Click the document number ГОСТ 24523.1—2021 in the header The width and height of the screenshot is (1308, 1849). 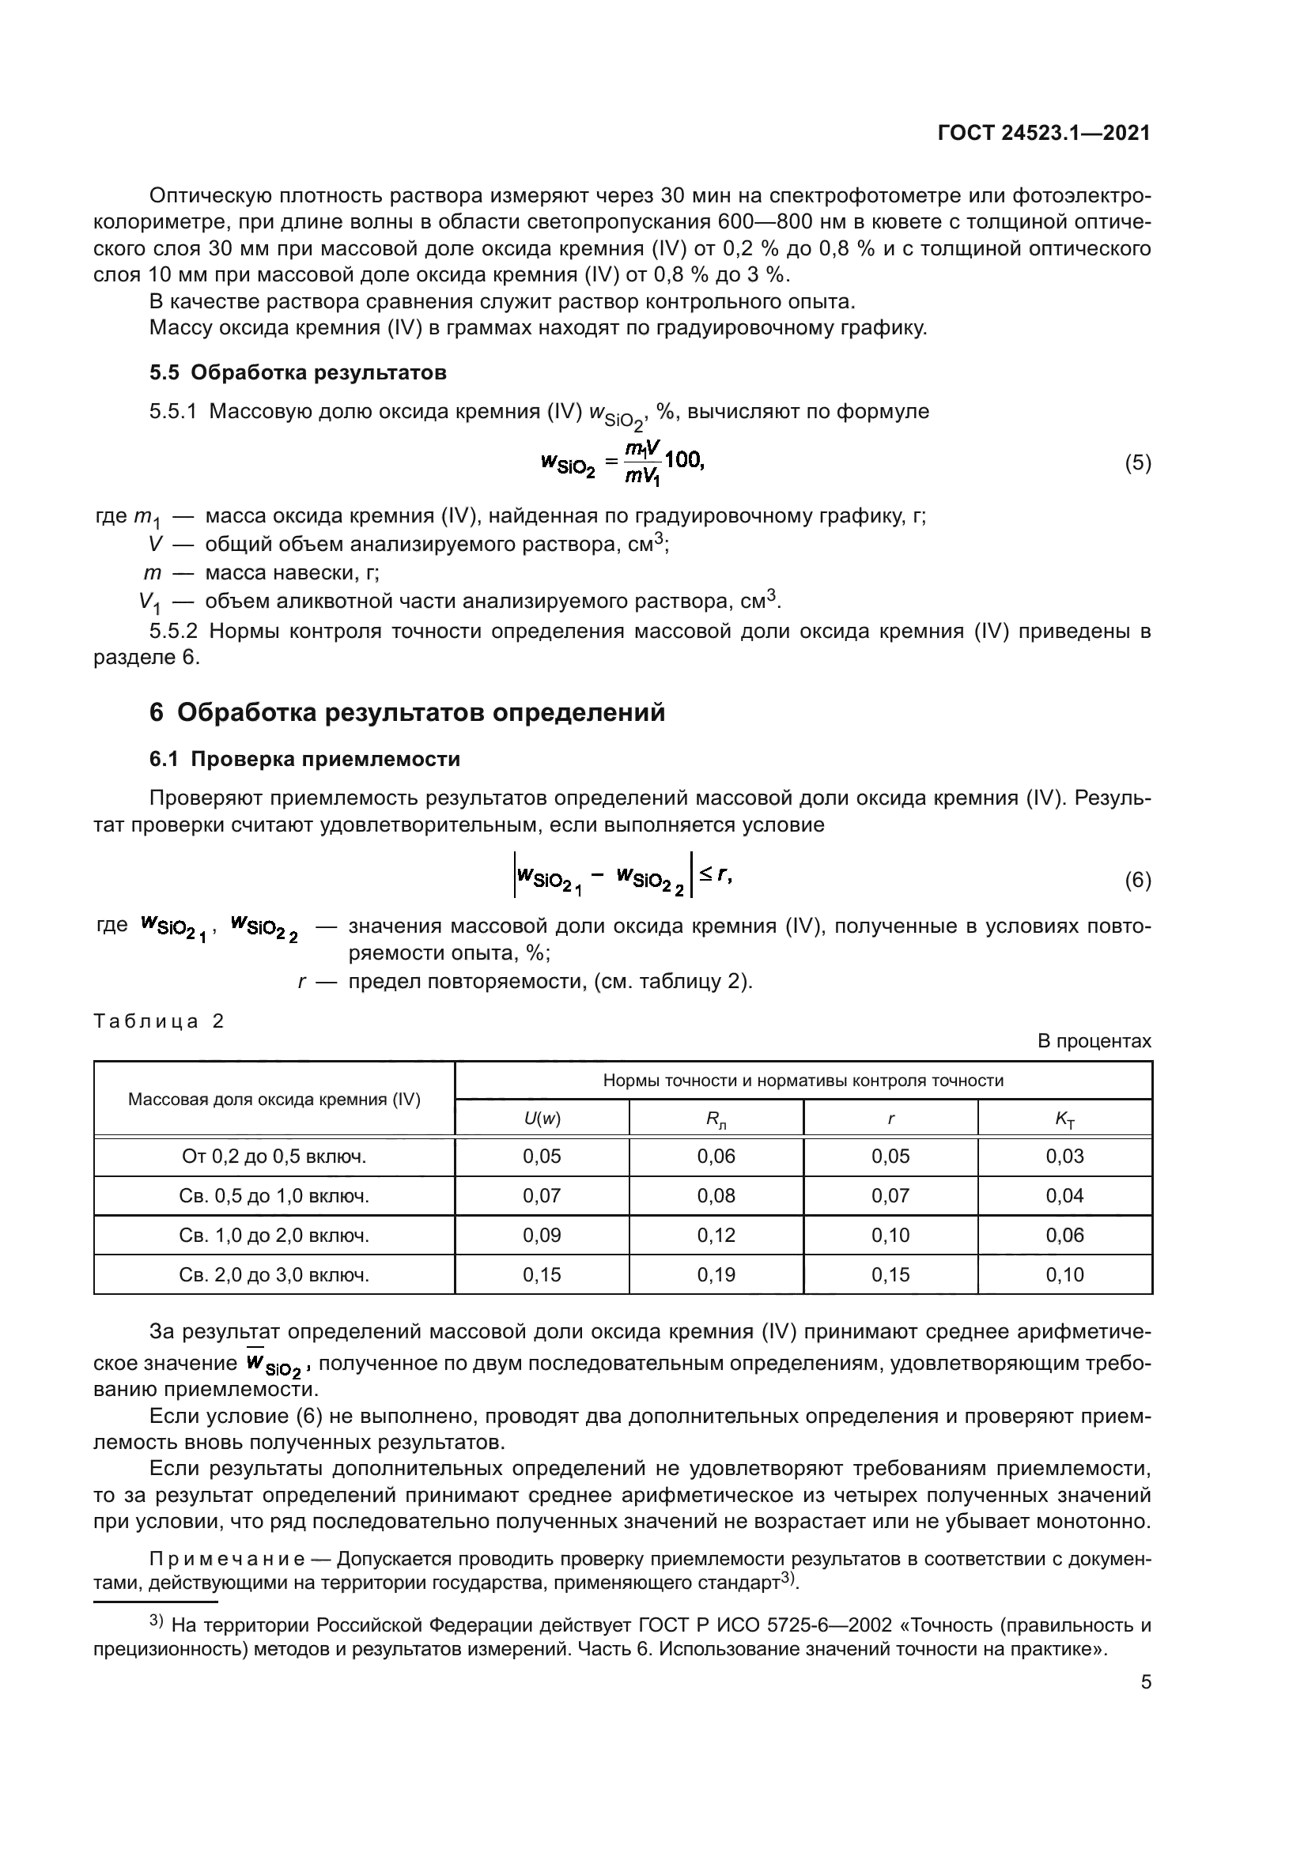pos(1044,134)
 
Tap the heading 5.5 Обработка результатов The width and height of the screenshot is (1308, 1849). pos(298,373)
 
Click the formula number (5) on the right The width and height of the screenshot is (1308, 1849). pos(1137,463)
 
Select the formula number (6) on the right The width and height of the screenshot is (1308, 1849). pos(1137,880)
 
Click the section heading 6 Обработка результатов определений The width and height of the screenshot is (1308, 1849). pos(407,713)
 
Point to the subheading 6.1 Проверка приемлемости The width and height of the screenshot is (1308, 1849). pos(305,760)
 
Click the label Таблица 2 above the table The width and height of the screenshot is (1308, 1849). pos(159,1022)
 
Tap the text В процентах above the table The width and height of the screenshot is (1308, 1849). pos(1094,1041)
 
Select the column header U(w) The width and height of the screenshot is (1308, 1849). pos(541,1119)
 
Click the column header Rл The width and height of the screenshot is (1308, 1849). pos(716,1119)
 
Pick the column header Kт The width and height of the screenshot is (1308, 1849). pos(1064,1119)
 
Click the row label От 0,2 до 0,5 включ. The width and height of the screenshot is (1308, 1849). pos(274,1157)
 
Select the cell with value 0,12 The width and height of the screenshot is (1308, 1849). pos(716,1236)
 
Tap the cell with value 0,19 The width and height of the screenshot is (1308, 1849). pos(716,1275)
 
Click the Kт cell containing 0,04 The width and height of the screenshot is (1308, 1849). pos(1064,1196)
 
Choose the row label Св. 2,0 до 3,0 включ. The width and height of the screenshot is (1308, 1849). pos(274,1275)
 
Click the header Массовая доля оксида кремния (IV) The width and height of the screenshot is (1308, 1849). pos(274,1100)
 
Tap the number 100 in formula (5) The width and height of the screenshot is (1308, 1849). pos(684,461)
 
